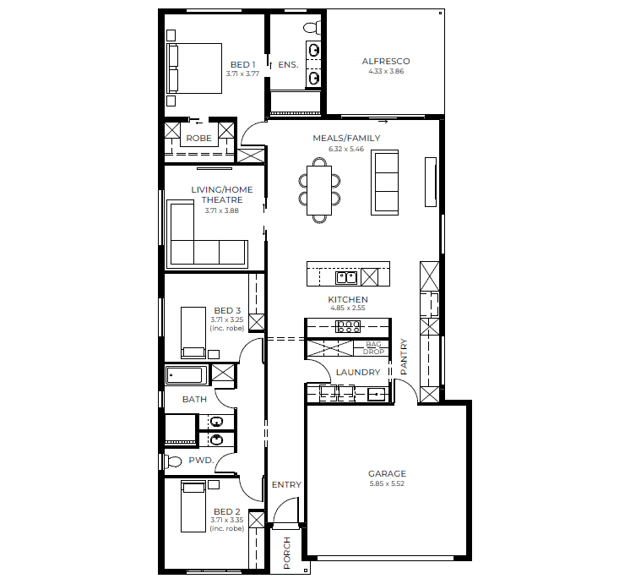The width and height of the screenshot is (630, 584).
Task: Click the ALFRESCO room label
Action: point(386,62)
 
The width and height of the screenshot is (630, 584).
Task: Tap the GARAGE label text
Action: point(387,474)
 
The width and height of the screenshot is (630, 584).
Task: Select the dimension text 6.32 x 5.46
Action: point(346,149)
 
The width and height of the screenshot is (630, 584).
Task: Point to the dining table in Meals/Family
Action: point(319,189)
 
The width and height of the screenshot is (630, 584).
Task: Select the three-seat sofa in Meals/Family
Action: point(387,183)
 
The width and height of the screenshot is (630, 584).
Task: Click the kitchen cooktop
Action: point(349,326)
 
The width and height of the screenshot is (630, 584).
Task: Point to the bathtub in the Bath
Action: point(187,374)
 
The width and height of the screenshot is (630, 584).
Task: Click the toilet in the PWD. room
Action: point(172,461)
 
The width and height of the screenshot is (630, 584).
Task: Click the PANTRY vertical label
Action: point(404,356)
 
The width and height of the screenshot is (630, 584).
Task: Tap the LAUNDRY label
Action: point(358,372)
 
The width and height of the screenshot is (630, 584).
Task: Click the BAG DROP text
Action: point(373,347)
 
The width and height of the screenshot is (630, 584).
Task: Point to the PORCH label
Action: point(287,553)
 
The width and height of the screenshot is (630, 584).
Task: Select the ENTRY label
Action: point(286,484)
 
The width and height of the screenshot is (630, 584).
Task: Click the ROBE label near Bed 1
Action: point(198,138)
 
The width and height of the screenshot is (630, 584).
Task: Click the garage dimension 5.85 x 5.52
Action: point(387,483)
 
